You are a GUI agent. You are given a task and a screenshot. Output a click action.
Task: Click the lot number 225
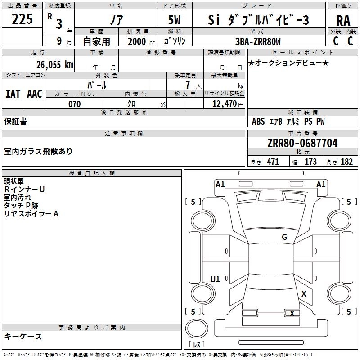point(22,19)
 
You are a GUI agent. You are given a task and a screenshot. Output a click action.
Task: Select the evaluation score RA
point(343,20)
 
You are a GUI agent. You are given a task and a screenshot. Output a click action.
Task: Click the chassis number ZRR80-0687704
point(302,143)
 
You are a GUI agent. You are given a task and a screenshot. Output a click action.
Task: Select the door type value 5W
point(175,20)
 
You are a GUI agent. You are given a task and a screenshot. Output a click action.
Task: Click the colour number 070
point(74,104)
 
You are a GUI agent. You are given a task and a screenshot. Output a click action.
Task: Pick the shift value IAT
point(13,94)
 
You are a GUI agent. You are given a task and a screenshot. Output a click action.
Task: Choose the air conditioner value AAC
point(34,94)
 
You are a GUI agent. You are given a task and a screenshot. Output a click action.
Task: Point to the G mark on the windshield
point(284,237)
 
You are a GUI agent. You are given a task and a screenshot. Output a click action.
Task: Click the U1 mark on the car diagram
point(215,279)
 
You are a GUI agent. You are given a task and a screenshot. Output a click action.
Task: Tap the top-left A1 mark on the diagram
point(220,184)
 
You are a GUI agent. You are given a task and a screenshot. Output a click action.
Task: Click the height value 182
point(346,162)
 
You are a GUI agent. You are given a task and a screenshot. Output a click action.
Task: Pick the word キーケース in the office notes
point(23,336)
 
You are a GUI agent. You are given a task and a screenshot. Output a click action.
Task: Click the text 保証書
point(15,121)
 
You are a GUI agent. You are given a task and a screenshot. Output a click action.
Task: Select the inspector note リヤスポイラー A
point(31,214)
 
